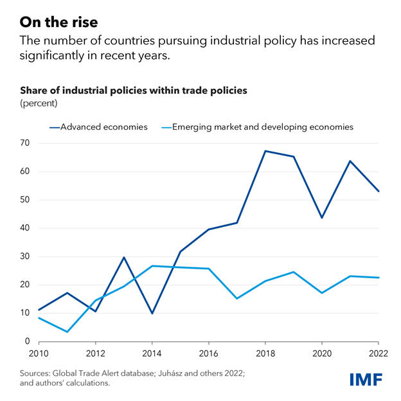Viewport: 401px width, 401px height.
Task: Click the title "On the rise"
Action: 58,22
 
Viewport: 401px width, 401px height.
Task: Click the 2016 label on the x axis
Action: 209,354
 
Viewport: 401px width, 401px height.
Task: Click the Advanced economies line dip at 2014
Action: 151,314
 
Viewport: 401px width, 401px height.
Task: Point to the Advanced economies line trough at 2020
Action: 322,218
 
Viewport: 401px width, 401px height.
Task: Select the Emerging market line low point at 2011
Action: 67,332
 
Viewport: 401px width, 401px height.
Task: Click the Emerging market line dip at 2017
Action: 237,298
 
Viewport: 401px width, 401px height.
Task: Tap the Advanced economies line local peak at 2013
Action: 123,257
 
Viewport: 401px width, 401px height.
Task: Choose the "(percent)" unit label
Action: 39,103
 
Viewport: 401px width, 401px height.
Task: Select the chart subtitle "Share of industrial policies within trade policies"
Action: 134,91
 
